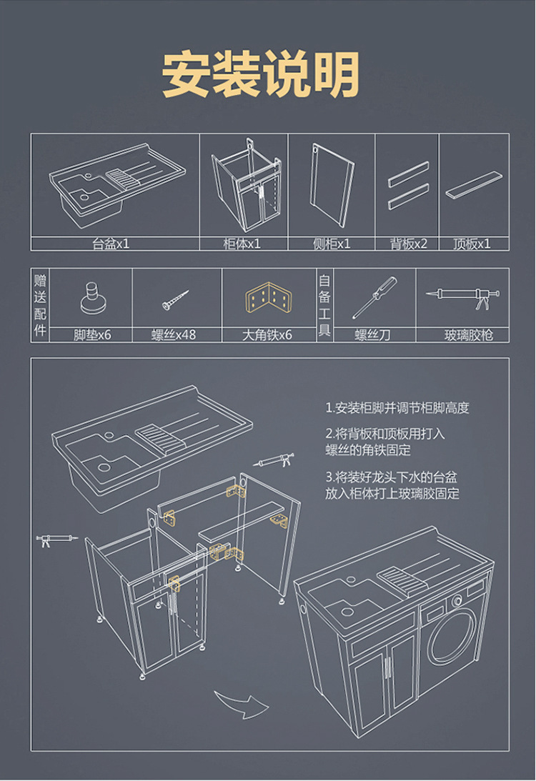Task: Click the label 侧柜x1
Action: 332,244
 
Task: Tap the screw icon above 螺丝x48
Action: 175,299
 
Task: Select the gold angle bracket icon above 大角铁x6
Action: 269,298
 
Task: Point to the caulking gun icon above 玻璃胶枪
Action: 462,295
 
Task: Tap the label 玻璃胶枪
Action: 469,334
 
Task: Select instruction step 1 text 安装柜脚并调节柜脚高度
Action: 397,409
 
